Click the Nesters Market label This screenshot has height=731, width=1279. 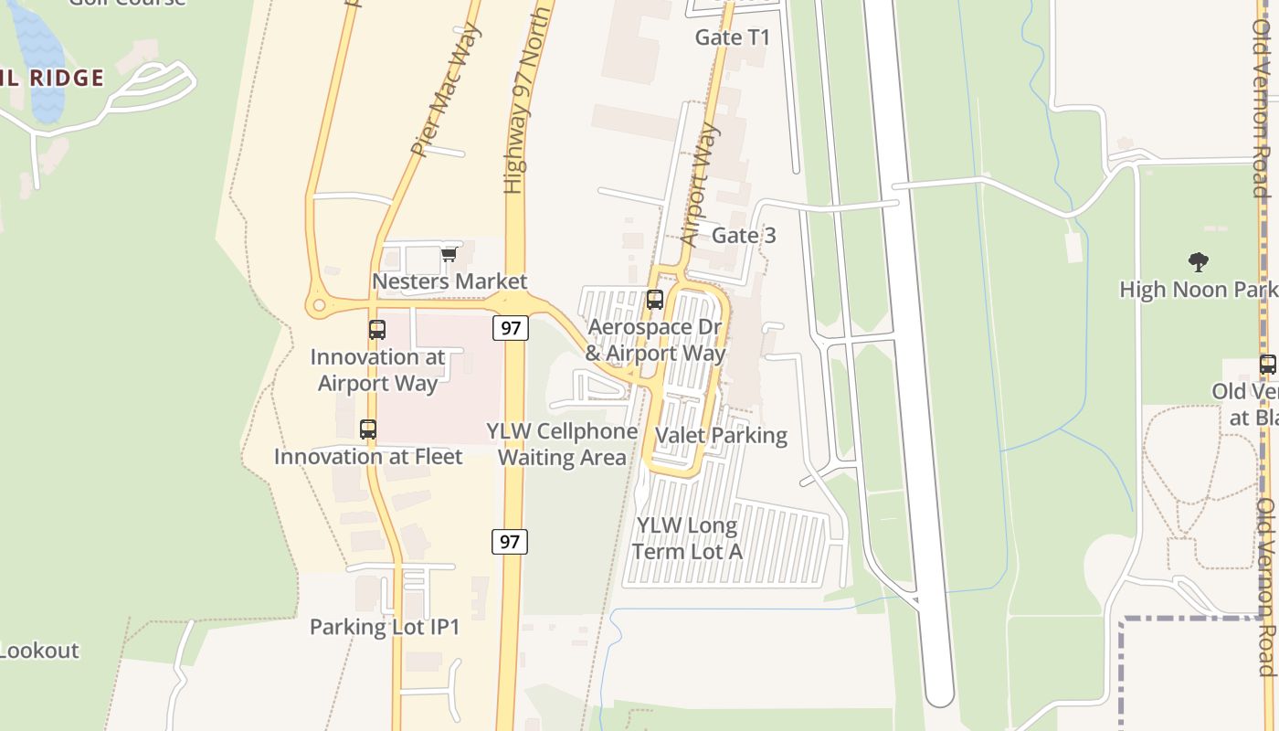coord(449,281)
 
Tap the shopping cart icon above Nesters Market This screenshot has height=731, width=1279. coord(449,254)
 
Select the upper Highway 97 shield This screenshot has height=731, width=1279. coord(510,327)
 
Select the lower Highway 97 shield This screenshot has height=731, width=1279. coord(510,541)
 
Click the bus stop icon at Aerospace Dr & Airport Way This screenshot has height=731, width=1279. coord(654,300)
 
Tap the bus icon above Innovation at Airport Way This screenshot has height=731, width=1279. coord(376,329)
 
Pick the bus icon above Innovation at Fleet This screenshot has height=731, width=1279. coord(367,429)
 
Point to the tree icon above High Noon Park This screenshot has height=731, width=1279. coord(1199,263)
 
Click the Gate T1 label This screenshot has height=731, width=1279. coord(733,37)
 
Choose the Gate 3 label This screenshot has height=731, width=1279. coord(744,236)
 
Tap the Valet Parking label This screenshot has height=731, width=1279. coord(722,436)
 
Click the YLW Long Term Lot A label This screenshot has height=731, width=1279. coord(687,538)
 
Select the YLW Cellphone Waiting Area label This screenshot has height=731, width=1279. coord(562,444)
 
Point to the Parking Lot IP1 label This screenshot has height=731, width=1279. coord(385,627)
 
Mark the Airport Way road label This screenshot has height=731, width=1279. coord(701,185)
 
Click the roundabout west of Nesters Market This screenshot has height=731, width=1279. coord(318,306)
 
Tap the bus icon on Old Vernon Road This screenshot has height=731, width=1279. coord(1267,365)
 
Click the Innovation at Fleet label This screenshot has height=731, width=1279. coord(368,456)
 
